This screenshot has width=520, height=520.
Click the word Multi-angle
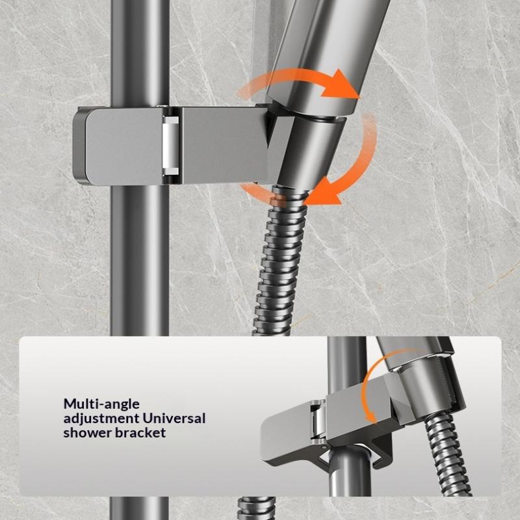[x=101, y=404]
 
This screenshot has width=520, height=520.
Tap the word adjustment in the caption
[x=101, y=419]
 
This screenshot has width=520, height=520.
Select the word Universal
[x=174, y=418]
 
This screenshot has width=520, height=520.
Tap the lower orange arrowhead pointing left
[x=321, y=194]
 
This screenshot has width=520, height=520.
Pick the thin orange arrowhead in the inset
[x=372, y=417]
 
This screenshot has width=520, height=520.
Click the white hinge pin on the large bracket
[x=170, y=145]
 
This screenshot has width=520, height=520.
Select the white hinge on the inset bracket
[x=317, y=422]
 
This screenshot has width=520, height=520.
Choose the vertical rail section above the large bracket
[x=140, y=53]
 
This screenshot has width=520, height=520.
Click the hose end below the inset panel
[x=256, y=508]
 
